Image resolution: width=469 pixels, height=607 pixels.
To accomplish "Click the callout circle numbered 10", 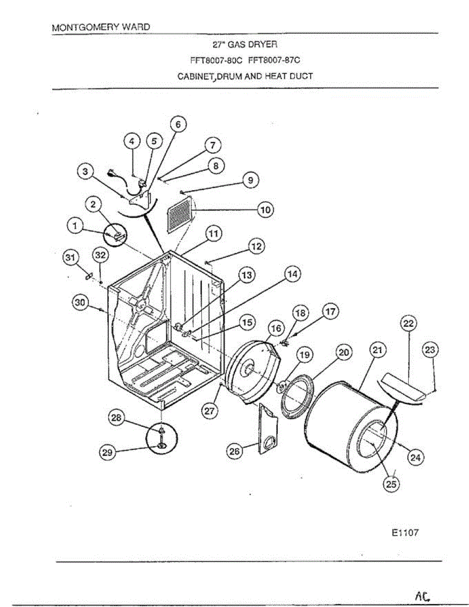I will [x=265, y=209].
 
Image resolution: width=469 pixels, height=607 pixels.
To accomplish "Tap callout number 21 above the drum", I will [x=377, y=350].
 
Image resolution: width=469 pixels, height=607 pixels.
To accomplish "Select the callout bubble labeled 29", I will [x=106, y=453].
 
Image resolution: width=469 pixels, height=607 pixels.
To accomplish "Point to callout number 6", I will [x=178, y=123].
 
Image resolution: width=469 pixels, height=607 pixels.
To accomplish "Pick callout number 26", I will [x=234, y=451].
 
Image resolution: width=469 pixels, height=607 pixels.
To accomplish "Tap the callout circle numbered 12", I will [x=256, y=246].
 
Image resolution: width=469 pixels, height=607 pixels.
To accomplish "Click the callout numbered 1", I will [x=76, y=228].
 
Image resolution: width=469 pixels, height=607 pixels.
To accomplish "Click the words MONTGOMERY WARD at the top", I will [x=101, y=27].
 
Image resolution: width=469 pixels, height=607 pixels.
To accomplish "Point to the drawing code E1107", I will [x=405, y=533].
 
